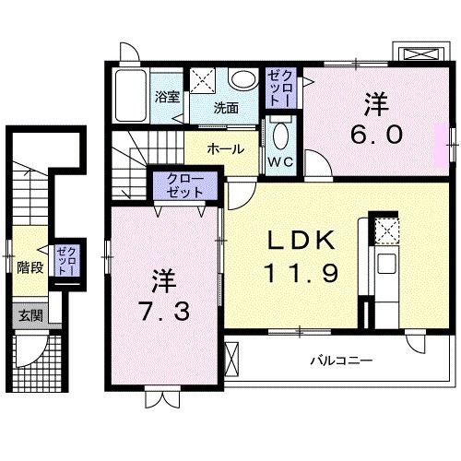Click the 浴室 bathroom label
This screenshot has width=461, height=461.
(167, 98)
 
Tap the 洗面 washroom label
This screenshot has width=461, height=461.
(226, 108)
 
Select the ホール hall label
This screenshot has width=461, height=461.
(226, 149)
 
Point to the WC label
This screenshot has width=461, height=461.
(280, 161)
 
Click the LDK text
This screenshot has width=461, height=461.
(301, 241)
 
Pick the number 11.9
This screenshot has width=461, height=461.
(301, 273)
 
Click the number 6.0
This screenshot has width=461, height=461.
(376, 136)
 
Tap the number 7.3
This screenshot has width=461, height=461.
(164, 311)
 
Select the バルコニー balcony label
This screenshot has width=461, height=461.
(341, 360)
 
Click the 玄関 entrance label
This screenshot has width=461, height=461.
(30, 315)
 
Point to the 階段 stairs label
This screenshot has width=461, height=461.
(30, 268)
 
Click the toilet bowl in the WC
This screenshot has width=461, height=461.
(280, 136)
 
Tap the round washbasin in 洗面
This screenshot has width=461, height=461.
(243, 79)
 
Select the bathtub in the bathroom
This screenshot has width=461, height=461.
(130, 96)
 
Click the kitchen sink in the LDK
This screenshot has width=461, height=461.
(386, 264)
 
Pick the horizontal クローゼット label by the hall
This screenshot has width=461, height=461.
(185, 185)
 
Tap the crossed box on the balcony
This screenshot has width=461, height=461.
(231, 359)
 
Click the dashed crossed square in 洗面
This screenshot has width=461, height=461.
(202, 80)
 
